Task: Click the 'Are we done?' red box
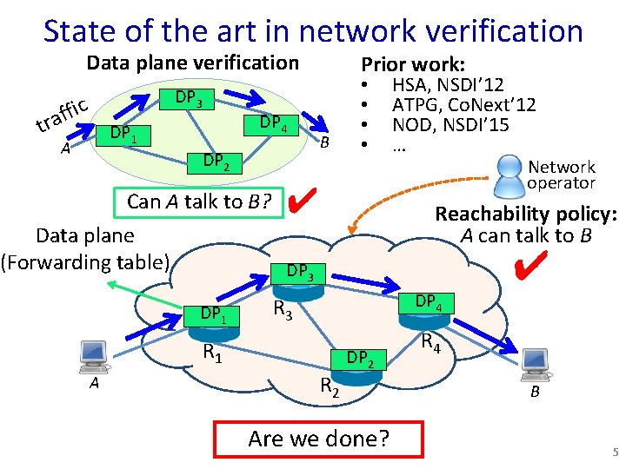(318, 439)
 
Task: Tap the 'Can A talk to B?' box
(200, 201)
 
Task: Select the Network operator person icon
(507, 173)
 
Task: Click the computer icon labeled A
(92, 355)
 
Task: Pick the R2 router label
(328, 386)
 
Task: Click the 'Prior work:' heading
(413, 64)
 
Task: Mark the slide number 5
(615, 452)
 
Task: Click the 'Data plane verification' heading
(192, 63)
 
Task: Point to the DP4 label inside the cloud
(428, 302)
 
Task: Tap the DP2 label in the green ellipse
(216, 162)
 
